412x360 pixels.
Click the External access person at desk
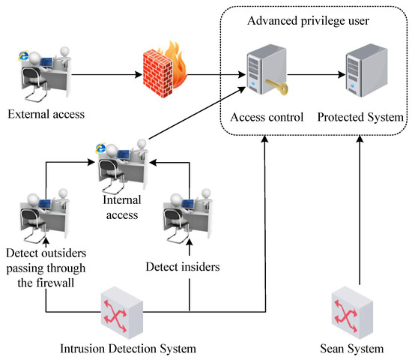(43, 72)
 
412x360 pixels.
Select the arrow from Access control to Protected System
(314, 75)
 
